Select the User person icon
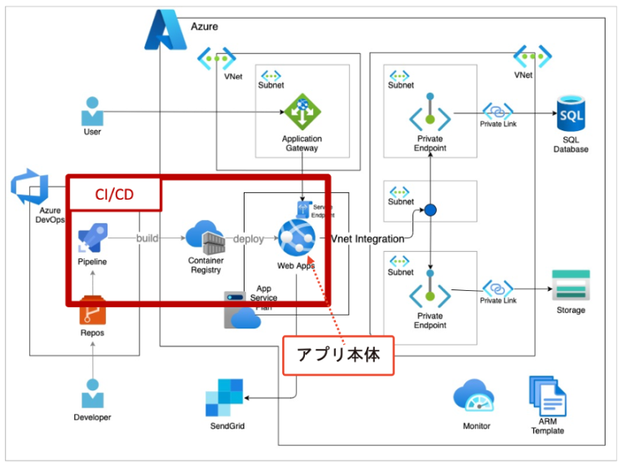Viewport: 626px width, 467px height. tap(92, 111)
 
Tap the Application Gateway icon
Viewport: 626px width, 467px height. tap(302, 112)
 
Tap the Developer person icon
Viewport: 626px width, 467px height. tap(92, 394)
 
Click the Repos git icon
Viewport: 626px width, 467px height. tap(92, 311)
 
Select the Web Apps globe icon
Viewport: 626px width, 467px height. tap(296, 238)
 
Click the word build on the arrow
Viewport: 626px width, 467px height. tap(148, 239)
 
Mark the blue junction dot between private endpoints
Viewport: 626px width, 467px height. tap(430, 211)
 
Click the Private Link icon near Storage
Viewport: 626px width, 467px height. tap(497, 289)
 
